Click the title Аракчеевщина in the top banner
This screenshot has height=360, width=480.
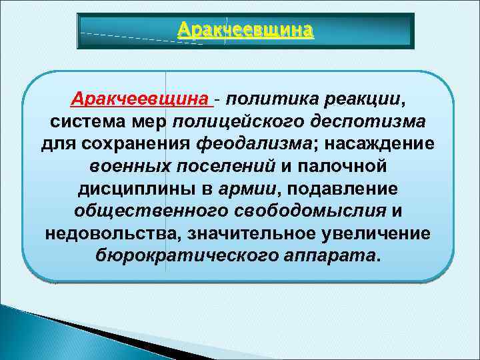point(245,30)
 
